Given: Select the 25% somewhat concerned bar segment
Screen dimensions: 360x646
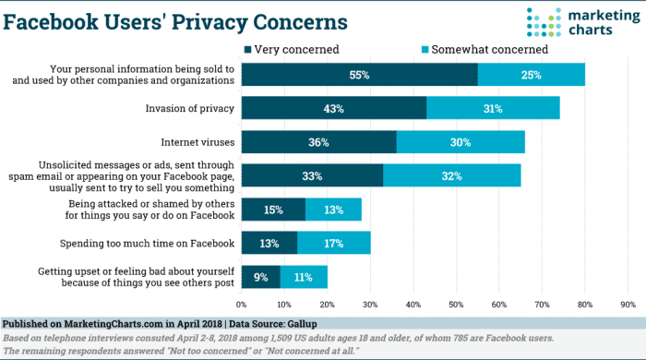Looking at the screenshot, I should [532, 74].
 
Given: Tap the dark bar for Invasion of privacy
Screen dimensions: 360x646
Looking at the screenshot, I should [333, 108].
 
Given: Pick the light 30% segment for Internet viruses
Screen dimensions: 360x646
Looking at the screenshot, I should [461, 142].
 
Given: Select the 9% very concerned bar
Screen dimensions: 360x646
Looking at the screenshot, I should [261, 277].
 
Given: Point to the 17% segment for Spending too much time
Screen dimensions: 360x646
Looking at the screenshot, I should [333, 244].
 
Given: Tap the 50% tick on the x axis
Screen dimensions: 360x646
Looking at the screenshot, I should [456, 304].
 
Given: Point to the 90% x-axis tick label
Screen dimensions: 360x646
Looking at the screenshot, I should [628, 304].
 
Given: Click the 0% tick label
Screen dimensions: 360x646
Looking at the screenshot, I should [242, 304].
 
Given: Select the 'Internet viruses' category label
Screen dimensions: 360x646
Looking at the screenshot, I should [197, 142].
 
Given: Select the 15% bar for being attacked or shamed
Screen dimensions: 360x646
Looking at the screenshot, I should [274, 210].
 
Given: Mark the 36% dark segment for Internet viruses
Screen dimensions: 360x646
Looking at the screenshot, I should [318, 142].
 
